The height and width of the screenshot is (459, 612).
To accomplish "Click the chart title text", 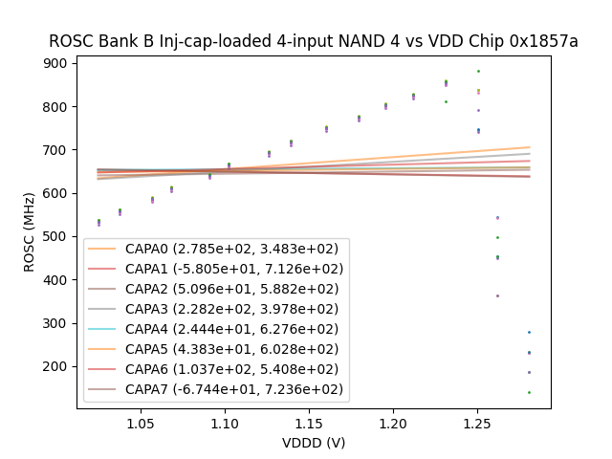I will point(314,42).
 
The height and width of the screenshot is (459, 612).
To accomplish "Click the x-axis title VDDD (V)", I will point(314,443).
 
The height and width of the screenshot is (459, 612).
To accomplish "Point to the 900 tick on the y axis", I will point(58,63).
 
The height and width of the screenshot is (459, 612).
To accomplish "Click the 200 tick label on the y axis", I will point(58,366).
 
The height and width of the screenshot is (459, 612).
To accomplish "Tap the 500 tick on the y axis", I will point(58,236).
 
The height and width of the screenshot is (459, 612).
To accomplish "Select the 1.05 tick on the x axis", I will point(141,423).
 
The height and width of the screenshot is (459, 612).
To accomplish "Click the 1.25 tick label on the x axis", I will point(477,423).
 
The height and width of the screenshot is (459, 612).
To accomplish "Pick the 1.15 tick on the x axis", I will point(309,423).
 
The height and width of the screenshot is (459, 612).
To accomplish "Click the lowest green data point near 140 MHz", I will point(529,392).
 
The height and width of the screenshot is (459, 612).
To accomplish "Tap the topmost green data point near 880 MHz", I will point(478,71).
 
